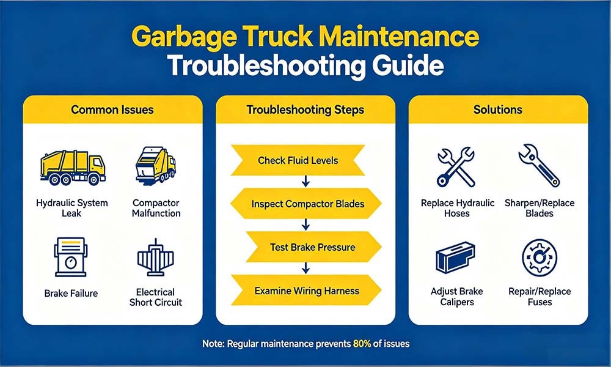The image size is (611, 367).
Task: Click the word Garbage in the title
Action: click(x=183, y=37)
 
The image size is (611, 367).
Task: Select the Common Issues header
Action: click(x=112, y=109)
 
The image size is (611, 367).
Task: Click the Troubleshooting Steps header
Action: click(x=305, y=109)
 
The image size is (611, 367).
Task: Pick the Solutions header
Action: click(x=497, y=109)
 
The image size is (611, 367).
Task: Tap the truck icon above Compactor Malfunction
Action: click(x=155, y=165)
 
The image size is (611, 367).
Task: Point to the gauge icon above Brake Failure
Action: click(x=70, y=257)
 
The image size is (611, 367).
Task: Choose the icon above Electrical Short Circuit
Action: click(x=155, y=257)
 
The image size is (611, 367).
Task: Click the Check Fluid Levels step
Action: click(x=298, y=160)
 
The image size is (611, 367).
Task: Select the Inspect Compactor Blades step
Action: click(x=306, y=204)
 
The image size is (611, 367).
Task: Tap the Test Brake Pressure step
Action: click(x=313, y=247)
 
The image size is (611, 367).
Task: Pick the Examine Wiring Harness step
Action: click(x=307, y=291)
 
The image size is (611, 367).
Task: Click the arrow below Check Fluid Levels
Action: click(x=306, y=181)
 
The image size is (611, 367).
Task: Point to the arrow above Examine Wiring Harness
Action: click(x=306, y=269)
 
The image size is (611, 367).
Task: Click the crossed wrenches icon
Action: click(x=456, y=167)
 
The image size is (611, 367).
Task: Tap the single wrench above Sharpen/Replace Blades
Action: click(x=539, y=165)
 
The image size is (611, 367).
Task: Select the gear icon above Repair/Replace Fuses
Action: click(x=540, y=258)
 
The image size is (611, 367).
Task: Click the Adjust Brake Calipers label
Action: click(x=456, y=297)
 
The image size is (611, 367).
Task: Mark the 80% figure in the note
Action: click(x=362, y=344)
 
